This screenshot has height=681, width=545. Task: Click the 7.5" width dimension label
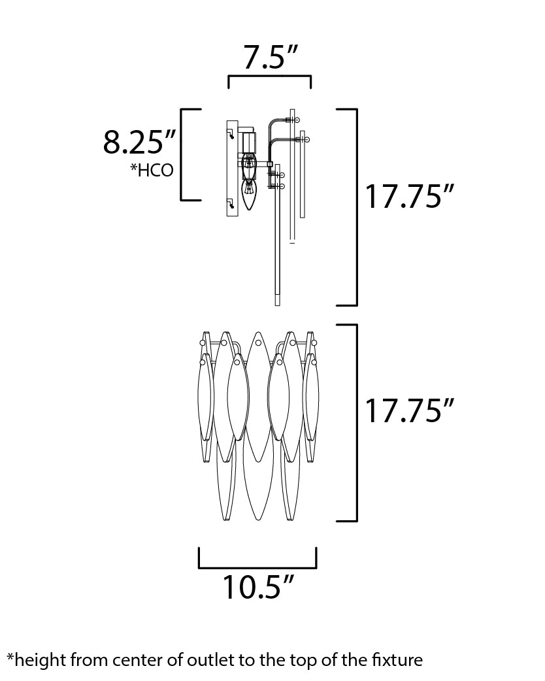(270, 57)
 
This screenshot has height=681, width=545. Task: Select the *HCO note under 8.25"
(152, 170)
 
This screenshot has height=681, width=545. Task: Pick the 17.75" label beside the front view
(409, 410)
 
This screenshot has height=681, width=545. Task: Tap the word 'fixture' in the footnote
(397, 660)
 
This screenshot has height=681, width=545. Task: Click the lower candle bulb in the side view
(248, 194)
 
